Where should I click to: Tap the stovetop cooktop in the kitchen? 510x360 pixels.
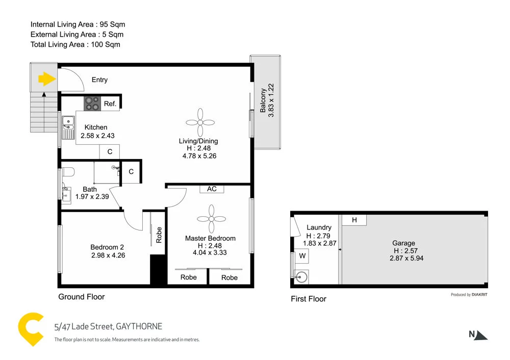(x=92, y=104)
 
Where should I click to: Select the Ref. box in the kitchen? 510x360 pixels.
(x=110, y=104)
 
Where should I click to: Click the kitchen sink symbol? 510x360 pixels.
(x=67, y=126)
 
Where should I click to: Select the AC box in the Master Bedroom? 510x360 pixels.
(x=212, y=189)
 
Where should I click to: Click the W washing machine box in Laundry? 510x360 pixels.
(x=302, y=255)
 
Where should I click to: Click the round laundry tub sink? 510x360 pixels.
(x=302, y=277)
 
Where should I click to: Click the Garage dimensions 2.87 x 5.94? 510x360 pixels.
(x=406, y=258)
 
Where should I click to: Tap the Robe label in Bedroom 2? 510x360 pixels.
(x=159, y=235)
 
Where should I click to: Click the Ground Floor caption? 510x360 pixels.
(x=82, y=297)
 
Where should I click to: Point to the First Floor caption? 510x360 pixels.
(x=309, y=299)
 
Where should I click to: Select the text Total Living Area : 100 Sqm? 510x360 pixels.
(x=75, y=44)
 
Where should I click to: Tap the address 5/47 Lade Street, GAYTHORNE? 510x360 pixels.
(x=108, y=326)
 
